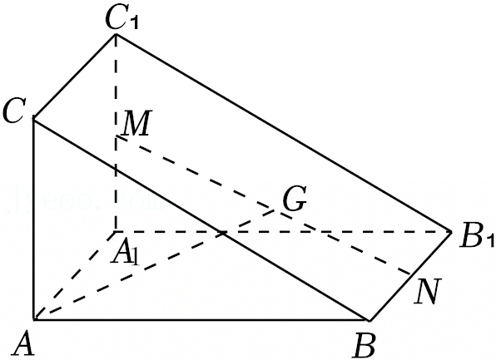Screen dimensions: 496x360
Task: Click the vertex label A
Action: click(x=22, y=345)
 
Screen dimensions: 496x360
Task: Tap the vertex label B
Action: click(x=365, y=345)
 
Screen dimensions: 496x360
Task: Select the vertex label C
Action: click(x=12, y=110)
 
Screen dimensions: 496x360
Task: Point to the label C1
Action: click(x=122, y=19)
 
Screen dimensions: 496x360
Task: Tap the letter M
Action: click(x=136, y=123)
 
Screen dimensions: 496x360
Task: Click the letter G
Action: click(x=294, y=199)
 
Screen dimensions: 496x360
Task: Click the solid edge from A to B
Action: click(x=201, y=320)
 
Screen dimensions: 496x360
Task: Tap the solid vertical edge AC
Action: click(x=34, y=219)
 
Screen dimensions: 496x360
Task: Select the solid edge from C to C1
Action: click(x=75, y=76)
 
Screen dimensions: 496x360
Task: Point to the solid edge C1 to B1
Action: click(x=284, y=133)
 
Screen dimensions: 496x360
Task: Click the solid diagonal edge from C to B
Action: click(x=201, y=219)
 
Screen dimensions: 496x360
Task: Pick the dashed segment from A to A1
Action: click(x=75, y=276)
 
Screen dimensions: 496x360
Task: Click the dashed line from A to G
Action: click(x=154, y=264)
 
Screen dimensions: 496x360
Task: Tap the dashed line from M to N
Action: click(x=263, y=205)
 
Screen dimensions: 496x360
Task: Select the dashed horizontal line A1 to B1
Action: click(x=284, y=232)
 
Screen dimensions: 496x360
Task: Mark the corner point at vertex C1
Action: click(x=116, y=34)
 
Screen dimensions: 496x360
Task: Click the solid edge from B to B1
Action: click(x=410, y=276)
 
